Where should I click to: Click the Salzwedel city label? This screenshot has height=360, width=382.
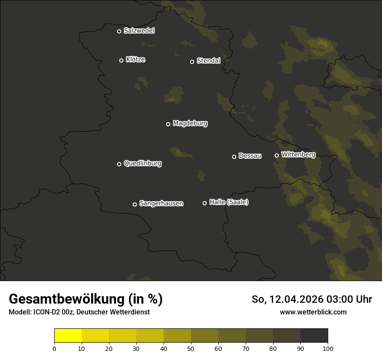click(x=139, y=31)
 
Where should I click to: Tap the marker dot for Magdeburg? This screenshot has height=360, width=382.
click(x=168, y=124)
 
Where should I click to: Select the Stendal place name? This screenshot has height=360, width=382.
click(x=208, y=61)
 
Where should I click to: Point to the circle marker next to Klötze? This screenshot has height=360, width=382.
click(x=122, y=60)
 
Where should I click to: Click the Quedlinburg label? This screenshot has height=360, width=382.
click(x=142, y=164)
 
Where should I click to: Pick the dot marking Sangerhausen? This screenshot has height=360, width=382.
click(x=135, y=204)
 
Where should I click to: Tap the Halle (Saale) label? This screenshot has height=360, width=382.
click(x=229, y=202)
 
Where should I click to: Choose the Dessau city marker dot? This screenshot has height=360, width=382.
click(x=234, y=157)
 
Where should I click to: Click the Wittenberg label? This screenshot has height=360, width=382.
click(x=298, y=154)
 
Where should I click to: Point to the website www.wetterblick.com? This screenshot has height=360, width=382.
click(x=313, y=312)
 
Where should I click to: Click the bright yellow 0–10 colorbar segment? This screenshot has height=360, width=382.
click(x=68, y=336)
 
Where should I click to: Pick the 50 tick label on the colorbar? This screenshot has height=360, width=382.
click(x=191, y=348)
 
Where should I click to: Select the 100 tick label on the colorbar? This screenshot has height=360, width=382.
click(x=328, y=348)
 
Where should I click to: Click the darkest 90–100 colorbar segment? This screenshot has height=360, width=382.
click(x=314, y=336)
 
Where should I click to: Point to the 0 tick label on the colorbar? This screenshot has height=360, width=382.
click(x=54, y=348)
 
